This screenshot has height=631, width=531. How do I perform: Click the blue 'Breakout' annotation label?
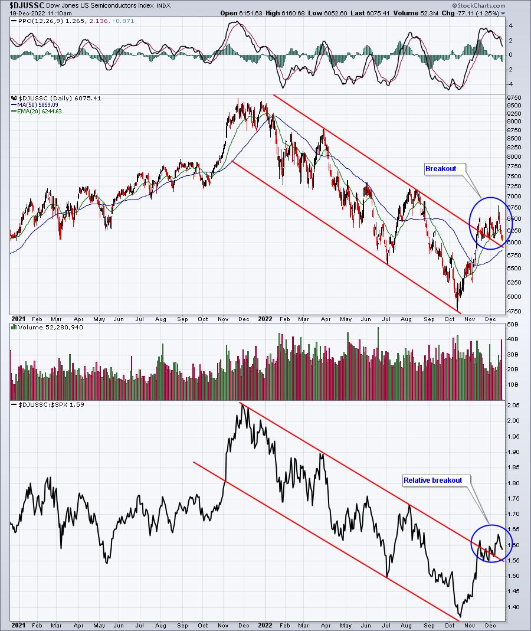coord(441,169)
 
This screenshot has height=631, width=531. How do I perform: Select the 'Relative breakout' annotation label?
coord(432,480)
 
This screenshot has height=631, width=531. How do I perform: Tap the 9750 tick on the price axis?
coord(514,97)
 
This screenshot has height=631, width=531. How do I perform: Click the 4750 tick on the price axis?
coord(514,311)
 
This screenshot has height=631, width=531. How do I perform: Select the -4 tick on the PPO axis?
coord(510,84)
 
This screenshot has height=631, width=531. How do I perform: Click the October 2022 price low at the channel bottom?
coord(458,309)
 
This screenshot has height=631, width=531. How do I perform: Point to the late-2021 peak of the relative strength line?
coord(242,405)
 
